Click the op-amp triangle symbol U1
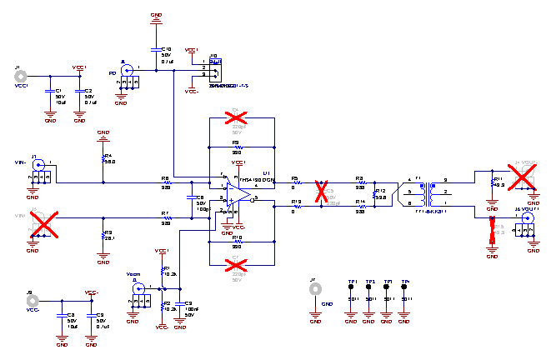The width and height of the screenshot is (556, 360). tap(239, 194)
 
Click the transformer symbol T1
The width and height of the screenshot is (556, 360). tap(429, 192)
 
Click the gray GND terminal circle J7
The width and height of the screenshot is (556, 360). tap(314, 290)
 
